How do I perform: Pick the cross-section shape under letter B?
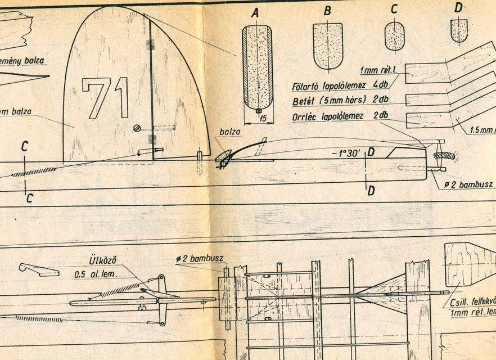pos(327,45)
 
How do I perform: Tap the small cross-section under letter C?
pos(394,37)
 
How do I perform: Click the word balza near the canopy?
pos(230,132)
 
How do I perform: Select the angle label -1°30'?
pos(344,152)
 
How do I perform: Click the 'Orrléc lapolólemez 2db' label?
pos(340,116)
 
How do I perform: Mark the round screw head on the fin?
pos(137,128)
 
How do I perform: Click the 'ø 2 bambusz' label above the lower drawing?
pos(199,259)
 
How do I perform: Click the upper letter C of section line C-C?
pos(25,147)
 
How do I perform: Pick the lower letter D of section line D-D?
pos(371,191)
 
